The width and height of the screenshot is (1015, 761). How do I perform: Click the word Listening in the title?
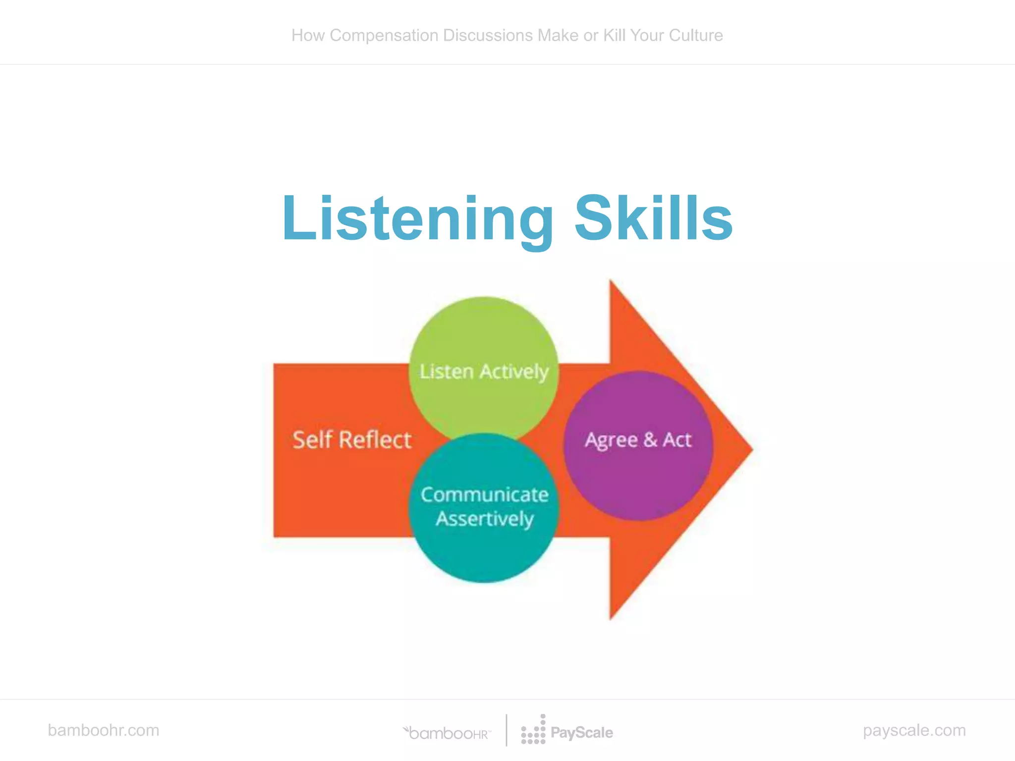tap(418, 218)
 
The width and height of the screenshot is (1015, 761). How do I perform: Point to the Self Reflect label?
tap(352, 440)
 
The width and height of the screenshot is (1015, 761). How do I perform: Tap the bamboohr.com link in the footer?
tap(104, 730)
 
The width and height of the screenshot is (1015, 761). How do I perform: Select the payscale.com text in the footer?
tap(914, 730)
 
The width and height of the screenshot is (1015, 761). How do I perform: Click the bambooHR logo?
tap(448, 733)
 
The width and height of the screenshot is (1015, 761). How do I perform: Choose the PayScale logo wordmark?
tap(582, 733)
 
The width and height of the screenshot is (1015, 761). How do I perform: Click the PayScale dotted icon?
tap(533, 730)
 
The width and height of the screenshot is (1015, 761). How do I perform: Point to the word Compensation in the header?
tap(384, 36)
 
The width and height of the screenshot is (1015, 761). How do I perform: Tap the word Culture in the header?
tap(696, 36)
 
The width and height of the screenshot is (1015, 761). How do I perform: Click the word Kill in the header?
tap(614, 36)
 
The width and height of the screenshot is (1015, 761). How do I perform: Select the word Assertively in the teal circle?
tap(485, 519)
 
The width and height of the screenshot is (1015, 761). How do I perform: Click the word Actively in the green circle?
tap(514, 372)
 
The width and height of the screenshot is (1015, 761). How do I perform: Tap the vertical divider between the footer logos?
tap(507, 730)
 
